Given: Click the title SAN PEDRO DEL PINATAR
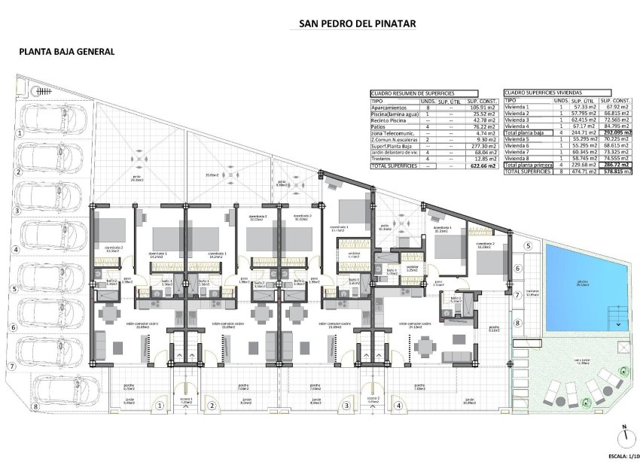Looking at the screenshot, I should coord(352,23).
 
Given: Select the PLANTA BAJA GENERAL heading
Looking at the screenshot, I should coord(67,52).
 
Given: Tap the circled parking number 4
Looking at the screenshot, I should coord(14,249).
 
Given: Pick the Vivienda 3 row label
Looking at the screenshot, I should coord(517,120).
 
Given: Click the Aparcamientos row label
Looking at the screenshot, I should coord(390,107).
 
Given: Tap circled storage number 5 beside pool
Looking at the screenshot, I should coord(528,247).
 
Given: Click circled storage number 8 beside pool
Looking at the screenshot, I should coord(517,324).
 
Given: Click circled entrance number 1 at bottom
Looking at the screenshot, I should coord(158,405).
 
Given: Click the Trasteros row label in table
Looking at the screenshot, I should coord(384,159).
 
